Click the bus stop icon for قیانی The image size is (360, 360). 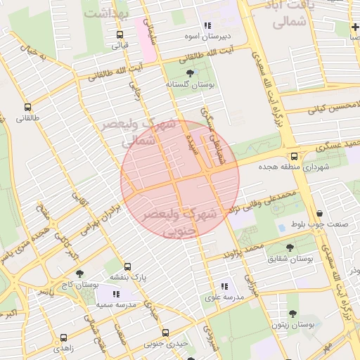pyautogui.click(x=120, y=35)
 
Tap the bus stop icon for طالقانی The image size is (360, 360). pyautogui.click(x=27, y=108)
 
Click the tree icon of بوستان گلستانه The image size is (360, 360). pyautogui.click(x=190, y=72)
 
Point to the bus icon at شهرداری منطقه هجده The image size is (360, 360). pyautogui.click(x=293, y=157)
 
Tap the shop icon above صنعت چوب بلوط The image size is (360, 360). pyautogui.click(x=321, y=214)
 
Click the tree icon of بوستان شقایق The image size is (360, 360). pyautogui.click(x=290, y=247)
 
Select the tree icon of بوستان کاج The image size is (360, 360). pyautogui.click(x=78, y=274)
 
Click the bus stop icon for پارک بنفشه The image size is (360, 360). pyautogui.click(x=127, y=267)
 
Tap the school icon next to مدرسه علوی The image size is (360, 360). pyautogui.click(x=224, y=286)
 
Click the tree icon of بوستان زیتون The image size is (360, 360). pyautogui.click(x=292, y=314)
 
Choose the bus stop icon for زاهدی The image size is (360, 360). pyautogui.click(x=64, y=337)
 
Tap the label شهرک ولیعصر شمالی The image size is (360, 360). pyautogui.click(x=148, y=132)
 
